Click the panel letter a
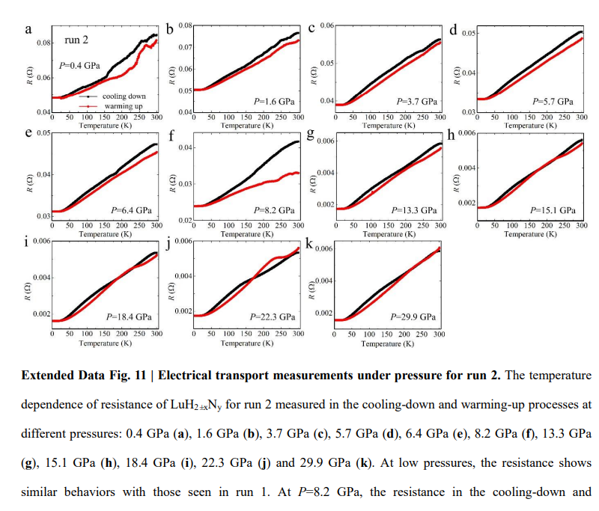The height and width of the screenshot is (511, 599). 28,30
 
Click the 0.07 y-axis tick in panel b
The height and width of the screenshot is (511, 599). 186,47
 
